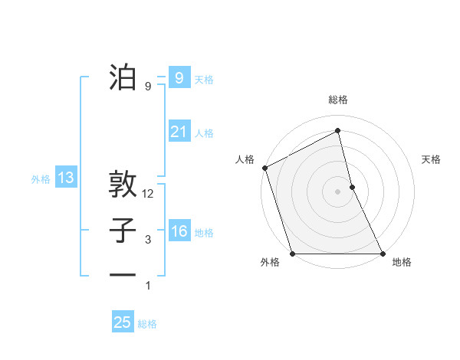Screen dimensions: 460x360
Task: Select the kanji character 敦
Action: coord(123,185)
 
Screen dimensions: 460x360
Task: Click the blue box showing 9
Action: coord(179,77)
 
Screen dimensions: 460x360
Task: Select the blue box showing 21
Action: coord(179,132)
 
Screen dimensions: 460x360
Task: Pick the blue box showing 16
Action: coord(179,231)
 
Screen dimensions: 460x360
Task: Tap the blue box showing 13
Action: coord(66,178)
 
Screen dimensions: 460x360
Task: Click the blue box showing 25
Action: coord(123,322)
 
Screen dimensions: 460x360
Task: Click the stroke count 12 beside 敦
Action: coord(148,195)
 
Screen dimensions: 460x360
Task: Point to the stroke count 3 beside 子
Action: coord(148,240)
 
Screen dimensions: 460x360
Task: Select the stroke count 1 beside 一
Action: coord(148,286)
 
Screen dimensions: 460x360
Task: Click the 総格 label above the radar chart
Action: coord(338,100)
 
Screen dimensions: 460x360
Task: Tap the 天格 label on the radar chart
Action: coord(432,159)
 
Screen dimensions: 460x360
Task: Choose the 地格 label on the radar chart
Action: coord(402,263)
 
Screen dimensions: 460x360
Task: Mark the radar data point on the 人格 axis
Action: coord(264,168)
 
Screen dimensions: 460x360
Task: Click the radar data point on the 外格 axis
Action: coord(292,253)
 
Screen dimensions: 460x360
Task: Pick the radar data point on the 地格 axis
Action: coord(383,253)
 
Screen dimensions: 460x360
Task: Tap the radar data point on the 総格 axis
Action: coord(338,131)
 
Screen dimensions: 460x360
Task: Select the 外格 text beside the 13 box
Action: coord(41,179)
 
